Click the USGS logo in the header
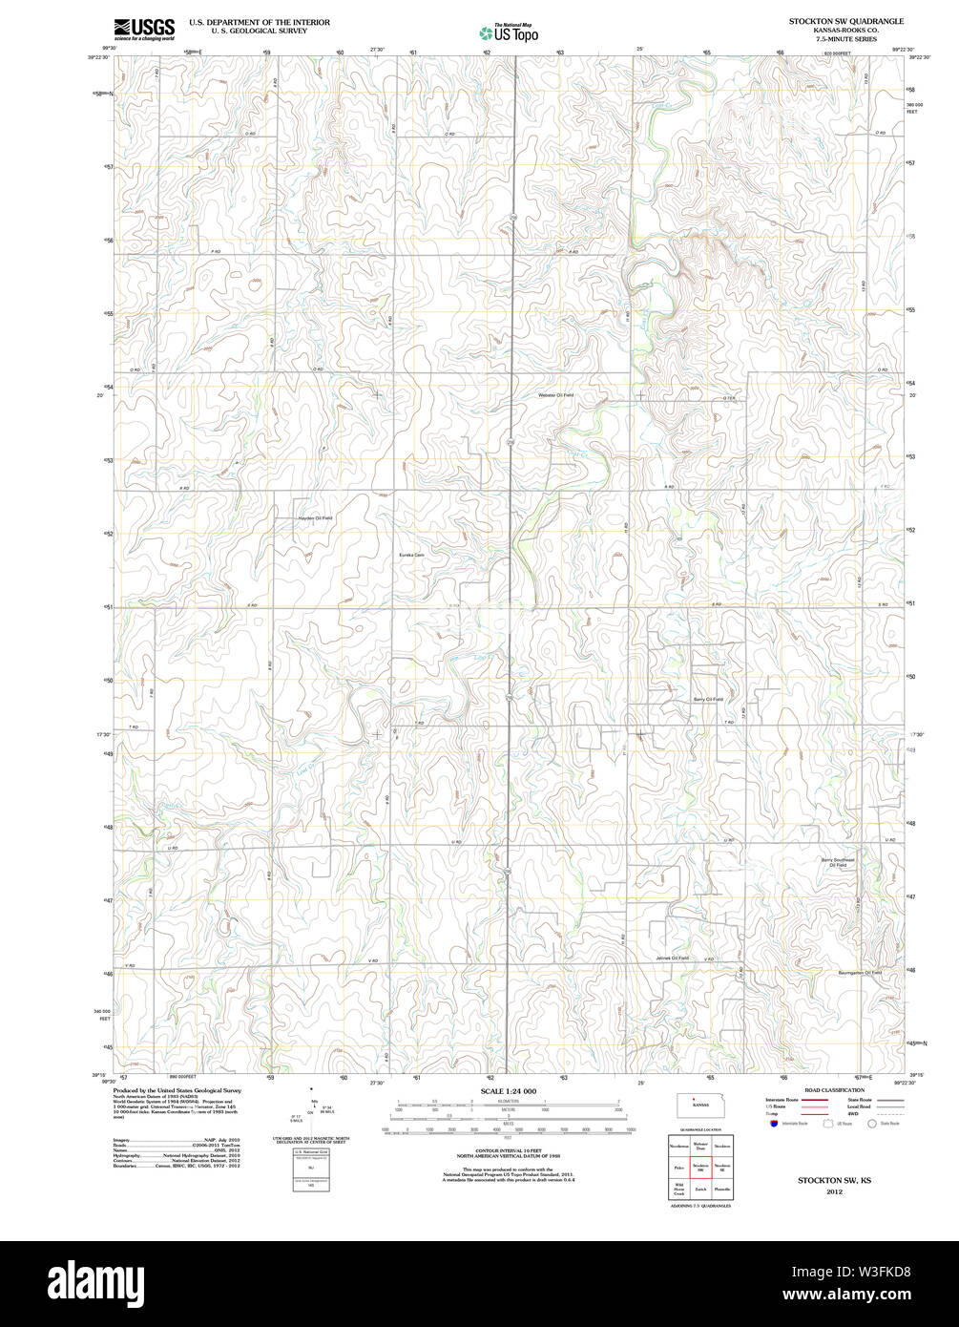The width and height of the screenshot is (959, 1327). [x=144, y=31]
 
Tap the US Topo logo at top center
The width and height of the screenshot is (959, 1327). [x=509, y=32]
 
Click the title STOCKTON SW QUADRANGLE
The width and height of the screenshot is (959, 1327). [x=846, y=20]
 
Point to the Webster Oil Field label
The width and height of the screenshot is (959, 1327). [x=556, y=394]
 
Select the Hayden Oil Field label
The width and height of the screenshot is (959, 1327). [x=315, y=517]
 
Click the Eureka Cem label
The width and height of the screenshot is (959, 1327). [x=411, y=555]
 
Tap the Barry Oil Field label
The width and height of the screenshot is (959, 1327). [x=708, y=699]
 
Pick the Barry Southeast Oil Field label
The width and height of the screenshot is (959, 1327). [x=839, y=862]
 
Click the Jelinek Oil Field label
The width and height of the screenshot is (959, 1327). [x=673, y=958]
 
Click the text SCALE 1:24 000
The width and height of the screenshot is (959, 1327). [x=509, y=1091]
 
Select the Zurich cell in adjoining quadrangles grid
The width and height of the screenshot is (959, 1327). [x=701, y=1189]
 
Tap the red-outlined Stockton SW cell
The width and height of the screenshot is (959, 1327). [x=701, y=1167]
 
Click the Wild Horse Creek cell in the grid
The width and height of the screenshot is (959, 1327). [x=679, y=1190]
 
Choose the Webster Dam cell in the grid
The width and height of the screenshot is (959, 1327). [x=701, y=1145]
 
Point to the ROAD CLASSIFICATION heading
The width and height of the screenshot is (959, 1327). [x=834, y=1090]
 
